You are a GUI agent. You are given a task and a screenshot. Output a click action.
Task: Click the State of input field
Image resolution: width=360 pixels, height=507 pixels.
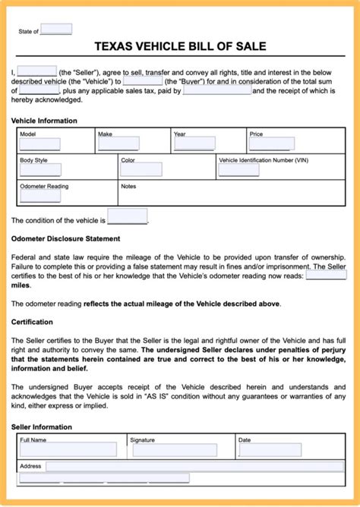point(55,30)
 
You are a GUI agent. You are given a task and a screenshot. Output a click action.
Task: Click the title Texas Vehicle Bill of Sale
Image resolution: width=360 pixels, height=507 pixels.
point(180,46)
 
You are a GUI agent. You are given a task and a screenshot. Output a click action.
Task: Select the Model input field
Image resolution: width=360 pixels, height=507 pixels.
point(39,144)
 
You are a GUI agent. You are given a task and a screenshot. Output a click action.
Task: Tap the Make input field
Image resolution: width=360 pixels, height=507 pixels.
point(118,144)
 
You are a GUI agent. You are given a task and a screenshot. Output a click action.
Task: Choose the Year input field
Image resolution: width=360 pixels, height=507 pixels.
point(194,144)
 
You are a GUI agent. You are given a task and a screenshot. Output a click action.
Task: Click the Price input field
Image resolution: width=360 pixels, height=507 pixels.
point(272,144)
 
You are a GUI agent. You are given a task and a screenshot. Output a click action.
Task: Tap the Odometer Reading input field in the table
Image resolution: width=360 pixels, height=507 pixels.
point(39,196)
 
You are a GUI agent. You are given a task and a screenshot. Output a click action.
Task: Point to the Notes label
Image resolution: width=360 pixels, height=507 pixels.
point(128,186)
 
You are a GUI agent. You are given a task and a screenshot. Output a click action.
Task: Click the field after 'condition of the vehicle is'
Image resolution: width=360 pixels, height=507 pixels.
point(128,218)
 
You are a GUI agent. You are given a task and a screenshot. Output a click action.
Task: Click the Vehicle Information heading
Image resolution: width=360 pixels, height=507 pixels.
point(43,121)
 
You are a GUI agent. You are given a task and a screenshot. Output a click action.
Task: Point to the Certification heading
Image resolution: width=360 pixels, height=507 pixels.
point(32,322)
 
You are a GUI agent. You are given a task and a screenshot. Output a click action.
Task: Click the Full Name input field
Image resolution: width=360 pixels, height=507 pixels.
point(68,450)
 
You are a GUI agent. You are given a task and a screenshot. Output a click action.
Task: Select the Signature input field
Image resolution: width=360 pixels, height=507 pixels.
point(174,450)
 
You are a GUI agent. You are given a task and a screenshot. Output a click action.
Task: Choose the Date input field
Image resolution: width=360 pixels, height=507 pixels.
point(270,450)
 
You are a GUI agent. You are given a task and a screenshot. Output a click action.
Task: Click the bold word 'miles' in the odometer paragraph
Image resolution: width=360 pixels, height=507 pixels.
point(21,285)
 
